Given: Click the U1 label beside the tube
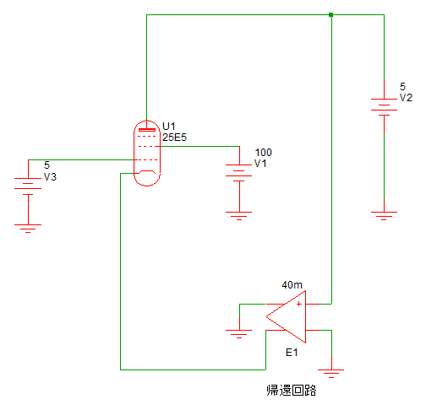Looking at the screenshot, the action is click(169, 126).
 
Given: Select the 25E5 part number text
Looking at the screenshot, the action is click(174, 138).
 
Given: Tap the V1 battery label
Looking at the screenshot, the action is click(260, 164).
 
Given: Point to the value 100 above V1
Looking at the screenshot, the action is click(264, 153).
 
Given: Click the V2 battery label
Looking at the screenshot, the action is click(406, 98).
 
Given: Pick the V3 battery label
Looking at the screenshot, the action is click(50, 177).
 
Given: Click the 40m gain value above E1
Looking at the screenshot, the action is click(292, 285).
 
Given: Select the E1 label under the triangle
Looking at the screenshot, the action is click(292, 353).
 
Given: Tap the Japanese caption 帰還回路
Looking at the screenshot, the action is click(292, 391).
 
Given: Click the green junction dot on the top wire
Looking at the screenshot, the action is click(331, 14).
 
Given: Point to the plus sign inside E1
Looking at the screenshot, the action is click(299, 304).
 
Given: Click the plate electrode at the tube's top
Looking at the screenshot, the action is click(147, 130).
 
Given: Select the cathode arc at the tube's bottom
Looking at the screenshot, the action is click(147, 171).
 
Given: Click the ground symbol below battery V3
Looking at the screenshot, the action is click(28, 229).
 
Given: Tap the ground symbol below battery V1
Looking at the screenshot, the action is click(239, 216).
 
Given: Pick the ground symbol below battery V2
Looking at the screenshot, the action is click(384, 216).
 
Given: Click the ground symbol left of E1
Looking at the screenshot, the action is click(239, 334).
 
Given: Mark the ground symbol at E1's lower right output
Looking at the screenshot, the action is click(331, 374).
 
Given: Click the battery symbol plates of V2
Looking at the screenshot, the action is click(384, 107).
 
